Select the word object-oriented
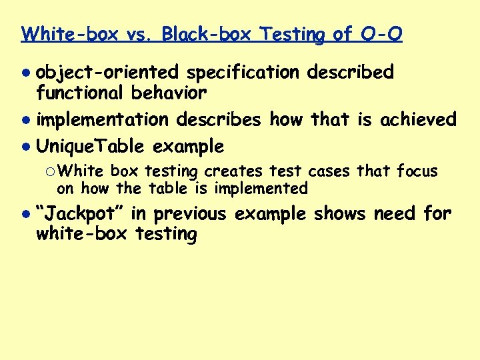coord(107,72)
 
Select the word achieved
coord(418,120)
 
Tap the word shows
coord(339,214)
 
